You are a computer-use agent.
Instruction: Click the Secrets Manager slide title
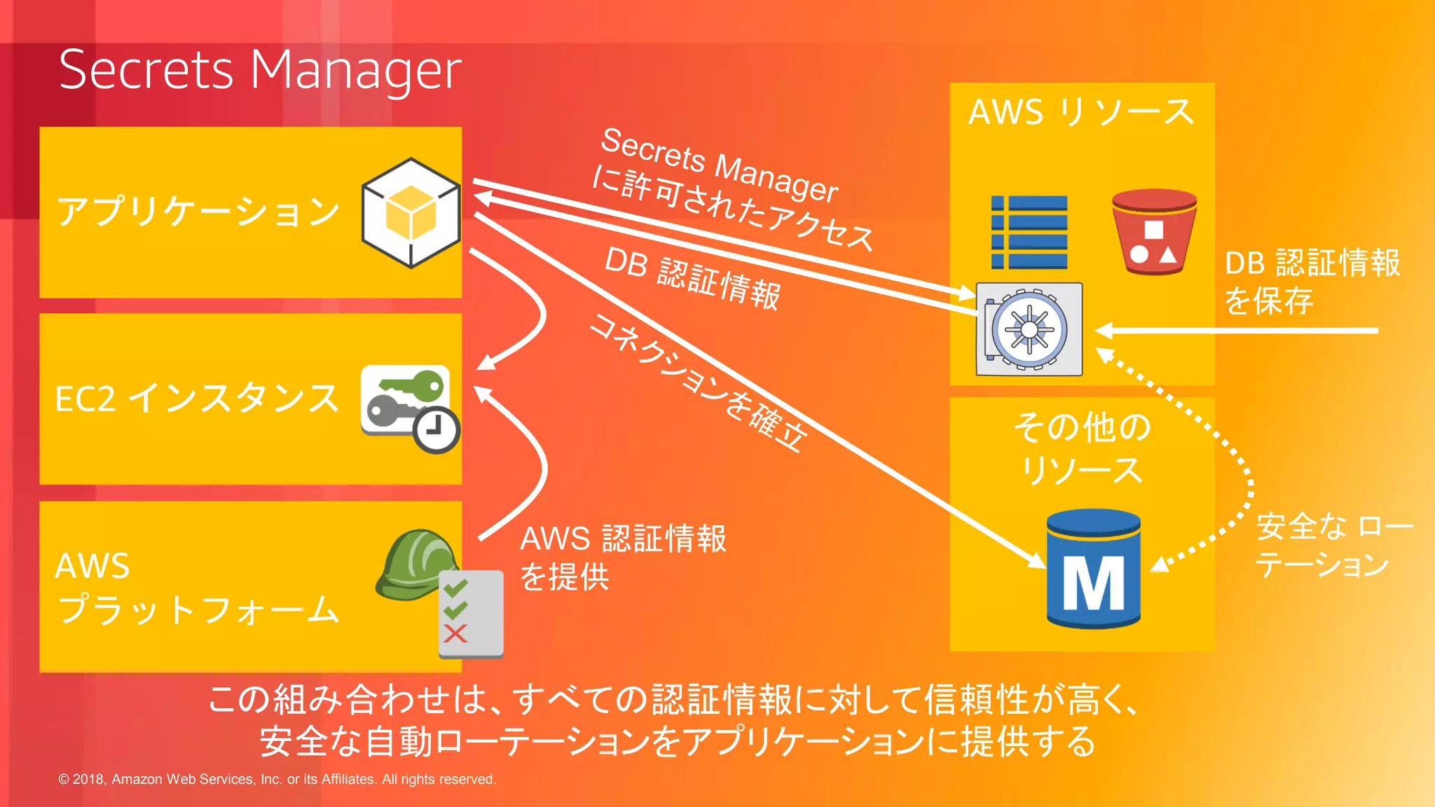[x=260, y=70]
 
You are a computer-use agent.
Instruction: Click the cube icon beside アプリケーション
[x=411, y=213]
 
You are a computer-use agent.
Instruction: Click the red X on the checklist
[x=455, y=634]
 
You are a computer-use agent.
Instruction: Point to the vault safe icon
[x=1029, y=329]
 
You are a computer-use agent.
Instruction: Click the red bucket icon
[x=1153, y=232]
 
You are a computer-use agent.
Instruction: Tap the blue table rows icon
[x=1029, y=233]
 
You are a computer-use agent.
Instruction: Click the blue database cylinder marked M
[x=1093, y=569]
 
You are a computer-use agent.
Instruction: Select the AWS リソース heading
[x=1081, y=112]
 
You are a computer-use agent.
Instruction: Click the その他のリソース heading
[x=1082, y=448]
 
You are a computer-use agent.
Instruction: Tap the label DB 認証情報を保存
[x=1312, y=282]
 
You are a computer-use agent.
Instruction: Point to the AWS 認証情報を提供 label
[x=622, y=558]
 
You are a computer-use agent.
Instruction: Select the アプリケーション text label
[x=198, y=212]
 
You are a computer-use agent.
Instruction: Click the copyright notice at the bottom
[x=277, y=779]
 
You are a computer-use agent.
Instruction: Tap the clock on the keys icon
[x=436, y=429]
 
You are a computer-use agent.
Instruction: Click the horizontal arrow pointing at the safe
[x=1233, y=331]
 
